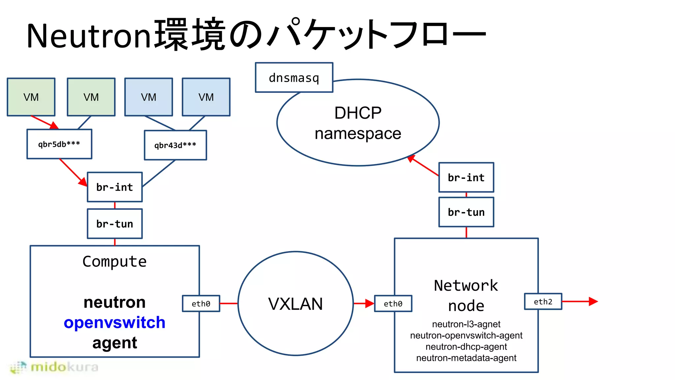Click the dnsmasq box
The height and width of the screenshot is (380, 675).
294,78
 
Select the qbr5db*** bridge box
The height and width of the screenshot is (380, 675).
59,144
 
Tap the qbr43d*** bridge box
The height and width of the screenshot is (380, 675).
175,145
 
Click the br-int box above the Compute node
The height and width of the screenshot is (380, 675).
115,187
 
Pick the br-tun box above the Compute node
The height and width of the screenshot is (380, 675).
115,224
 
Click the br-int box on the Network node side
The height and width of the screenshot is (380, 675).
466,177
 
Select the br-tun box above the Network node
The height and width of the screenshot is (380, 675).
466,212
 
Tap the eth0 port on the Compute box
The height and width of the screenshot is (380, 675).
201,303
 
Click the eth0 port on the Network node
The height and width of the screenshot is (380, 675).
393,303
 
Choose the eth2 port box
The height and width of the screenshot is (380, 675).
543,301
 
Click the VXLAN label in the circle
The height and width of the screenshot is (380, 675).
295,304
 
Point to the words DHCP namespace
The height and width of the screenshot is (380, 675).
358,123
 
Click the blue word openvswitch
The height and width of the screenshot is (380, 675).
114,322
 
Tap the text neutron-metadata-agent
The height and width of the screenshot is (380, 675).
466,358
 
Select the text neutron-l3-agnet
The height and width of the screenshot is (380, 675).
466,324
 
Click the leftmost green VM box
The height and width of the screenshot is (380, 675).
31,97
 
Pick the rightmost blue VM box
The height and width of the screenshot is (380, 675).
206,97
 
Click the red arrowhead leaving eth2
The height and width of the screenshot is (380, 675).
593,301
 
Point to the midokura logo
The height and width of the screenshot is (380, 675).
54,367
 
